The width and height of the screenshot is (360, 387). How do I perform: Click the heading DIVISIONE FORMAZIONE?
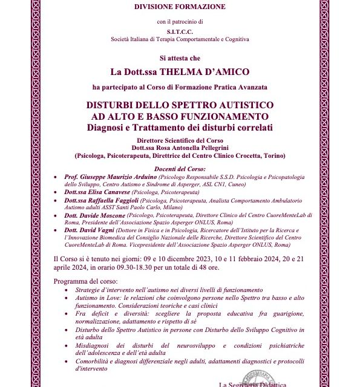click(x=179, y=7)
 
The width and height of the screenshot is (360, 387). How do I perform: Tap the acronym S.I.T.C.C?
click(x=180, y=31)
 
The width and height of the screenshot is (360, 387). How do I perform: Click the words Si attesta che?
click(x=180, y=58)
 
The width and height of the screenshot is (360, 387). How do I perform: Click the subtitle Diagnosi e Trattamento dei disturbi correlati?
click(x=180, y=127)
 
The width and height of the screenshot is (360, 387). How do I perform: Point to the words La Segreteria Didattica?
click(x=249, y=385)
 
